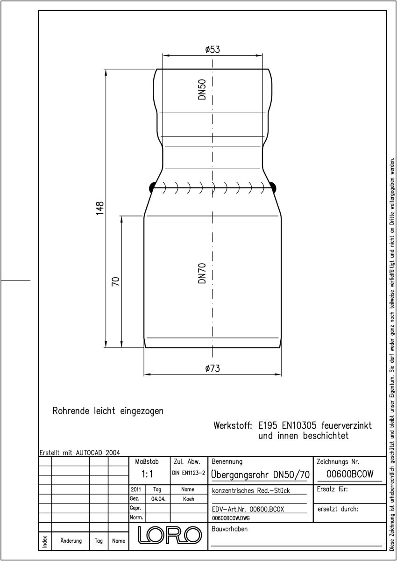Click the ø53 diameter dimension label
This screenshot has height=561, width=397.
213,50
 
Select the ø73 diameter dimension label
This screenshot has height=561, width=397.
213,368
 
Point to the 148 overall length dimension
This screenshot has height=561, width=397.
99,208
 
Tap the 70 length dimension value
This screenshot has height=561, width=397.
115,281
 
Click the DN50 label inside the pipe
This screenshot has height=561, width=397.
202,89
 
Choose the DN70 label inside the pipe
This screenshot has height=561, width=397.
202,273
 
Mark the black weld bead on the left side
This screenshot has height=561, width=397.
152,187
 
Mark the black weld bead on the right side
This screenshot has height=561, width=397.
273,187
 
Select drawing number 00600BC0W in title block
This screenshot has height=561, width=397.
350,474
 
